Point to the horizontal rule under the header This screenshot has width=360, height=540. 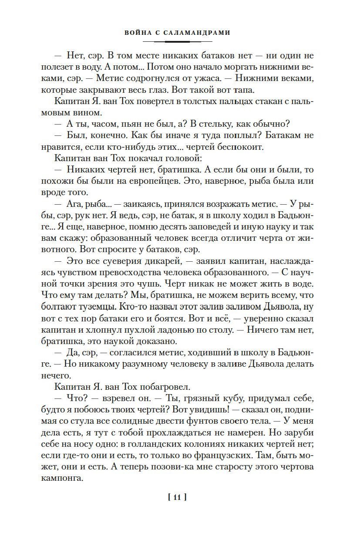[177, 42]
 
